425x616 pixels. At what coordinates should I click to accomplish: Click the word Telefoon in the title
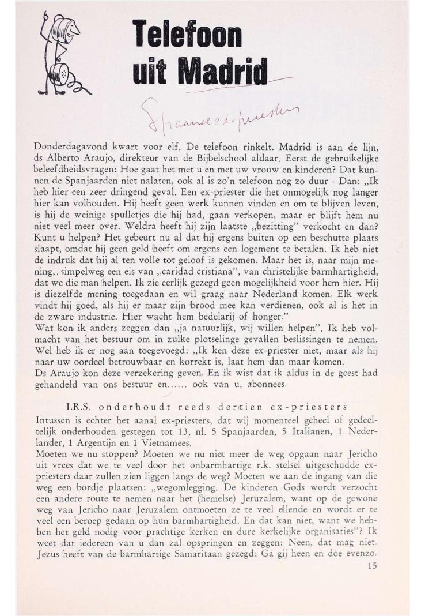[x=187, y=35]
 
